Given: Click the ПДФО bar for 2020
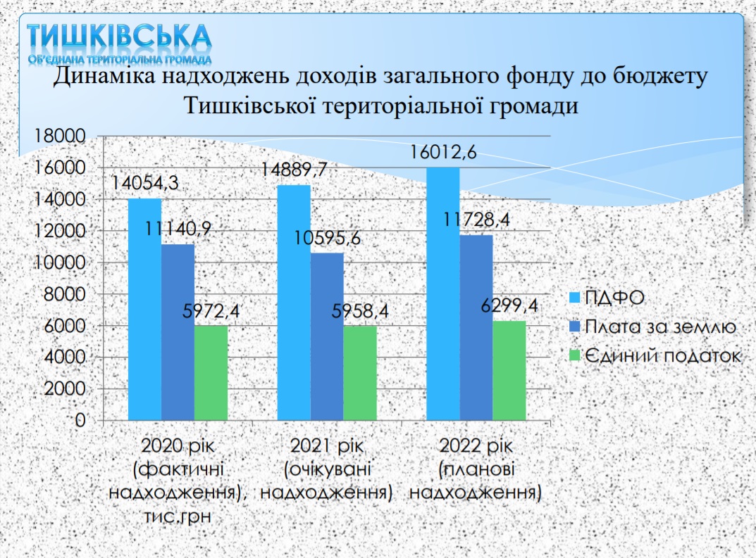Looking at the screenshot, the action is click(x=144, y=310).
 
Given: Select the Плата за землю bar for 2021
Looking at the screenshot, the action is click(x=327, y=337).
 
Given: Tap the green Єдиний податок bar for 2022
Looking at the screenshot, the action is click(x=509, y=371).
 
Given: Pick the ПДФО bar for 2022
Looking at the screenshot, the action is click(x=443, y=294).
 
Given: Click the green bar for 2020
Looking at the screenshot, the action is click(x=211, y=374).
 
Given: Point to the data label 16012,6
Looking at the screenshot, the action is click(x=443, y=152).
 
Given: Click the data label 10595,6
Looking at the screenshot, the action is click(x=328, y=238).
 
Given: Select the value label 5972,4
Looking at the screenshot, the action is click(x=211, y=311).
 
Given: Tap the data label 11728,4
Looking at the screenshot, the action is click(x=476, y=220).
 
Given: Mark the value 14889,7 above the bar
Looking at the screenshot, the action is click(x=294, y=170).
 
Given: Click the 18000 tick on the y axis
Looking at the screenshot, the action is click(x=59, y=137).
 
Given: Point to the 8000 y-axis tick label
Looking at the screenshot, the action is click(x=65, y=294).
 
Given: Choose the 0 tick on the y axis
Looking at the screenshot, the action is click(x=80, y=420).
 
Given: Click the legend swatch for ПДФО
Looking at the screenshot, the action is click(x=574, y=298).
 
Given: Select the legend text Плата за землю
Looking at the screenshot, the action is click(x=661, y=327).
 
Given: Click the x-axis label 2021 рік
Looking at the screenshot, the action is click(x=327, y=446).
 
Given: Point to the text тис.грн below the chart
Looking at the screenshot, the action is click(x=178, y=516).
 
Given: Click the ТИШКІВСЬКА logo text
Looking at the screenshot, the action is click(x=119, y=36).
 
